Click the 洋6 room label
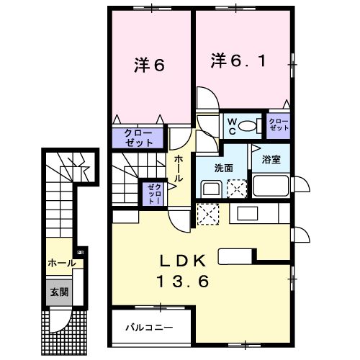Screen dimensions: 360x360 150,64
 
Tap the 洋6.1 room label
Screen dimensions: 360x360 243,61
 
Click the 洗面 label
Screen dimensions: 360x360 223,168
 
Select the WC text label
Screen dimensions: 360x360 232,127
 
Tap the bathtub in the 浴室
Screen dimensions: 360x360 270,189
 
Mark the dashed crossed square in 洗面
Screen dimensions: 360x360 237,189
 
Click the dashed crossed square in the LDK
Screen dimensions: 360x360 207,214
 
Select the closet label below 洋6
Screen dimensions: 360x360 138,138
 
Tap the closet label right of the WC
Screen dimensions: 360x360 279,127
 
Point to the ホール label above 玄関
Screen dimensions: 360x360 61,264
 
